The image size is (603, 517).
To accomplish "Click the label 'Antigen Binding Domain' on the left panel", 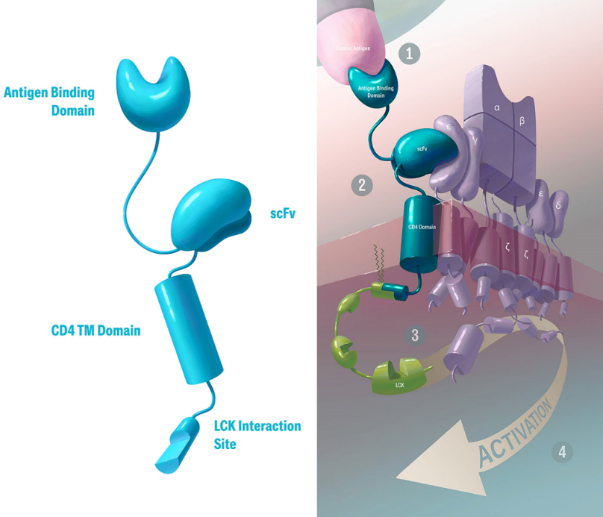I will [49, 101].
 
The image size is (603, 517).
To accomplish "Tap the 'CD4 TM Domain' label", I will [96, 330].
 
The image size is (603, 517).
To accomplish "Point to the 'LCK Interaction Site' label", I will [257, 435].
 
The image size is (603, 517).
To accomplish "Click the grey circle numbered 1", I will [409, 53].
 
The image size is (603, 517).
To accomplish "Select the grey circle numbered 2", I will [362, 184].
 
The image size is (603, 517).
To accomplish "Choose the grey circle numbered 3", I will [416, 335].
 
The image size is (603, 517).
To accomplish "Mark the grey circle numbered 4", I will [562, 451].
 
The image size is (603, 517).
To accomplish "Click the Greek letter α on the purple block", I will [497, 108].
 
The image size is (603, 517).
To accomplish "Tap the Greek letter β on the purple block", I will [522, 120].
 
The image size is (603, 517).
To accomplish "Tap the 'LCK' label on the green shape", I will [400, 385].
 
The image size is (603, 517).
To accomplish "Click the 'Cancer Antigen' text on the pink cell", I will [352, 49].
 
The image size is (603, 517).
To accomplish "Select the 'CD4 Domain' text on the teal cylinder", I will [421, 227].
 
